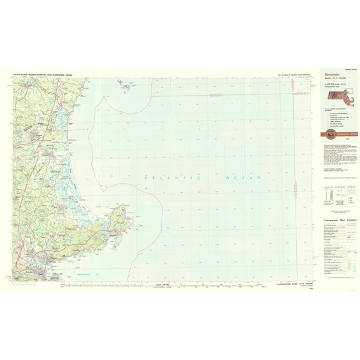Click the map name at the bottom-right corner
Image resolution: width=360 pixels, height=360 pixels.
click(x=294, y=284)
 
